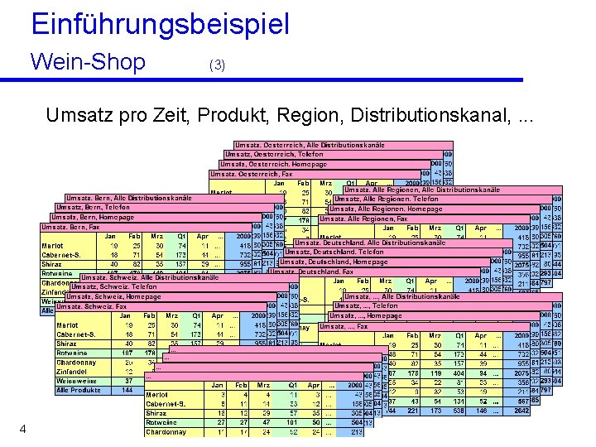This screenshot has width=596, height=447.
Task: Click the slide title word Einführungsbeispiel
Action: tap(161, 23)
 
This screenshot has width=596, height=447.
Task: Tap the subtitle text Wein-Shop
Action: tap(87, 62)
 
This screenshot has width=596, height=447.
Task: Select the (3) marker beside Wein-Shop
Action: tap(217, 65)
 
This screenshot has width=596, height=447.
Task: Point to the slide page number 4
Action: tap(23, 428)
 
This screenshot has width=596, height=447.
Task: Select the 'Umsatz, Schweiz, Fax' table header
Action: tap(92, 306)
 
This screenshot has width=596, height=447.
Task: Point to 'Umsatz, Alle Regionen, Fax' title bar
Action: tap(363, 219)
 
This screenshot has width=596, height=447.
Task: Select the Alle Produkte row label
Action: tap(78, 390)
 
